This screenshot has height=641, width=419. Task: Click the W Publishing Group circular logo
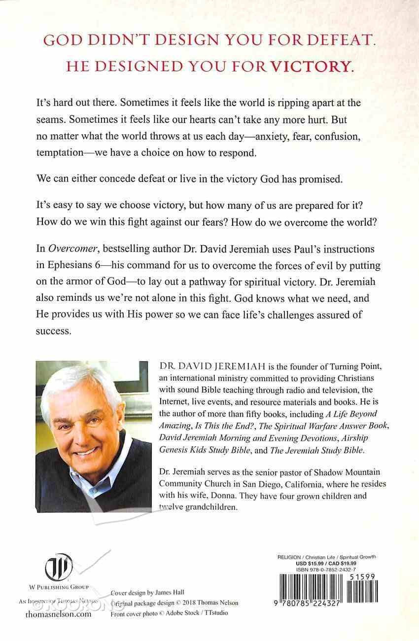coord(59,568)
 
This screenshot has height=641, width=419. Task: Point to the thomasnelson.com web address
coord(58,615)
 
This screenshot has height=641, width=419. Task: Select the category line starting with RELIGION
coord(320,557)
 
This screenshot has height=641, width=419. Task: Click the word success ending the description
coord(53,331)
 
